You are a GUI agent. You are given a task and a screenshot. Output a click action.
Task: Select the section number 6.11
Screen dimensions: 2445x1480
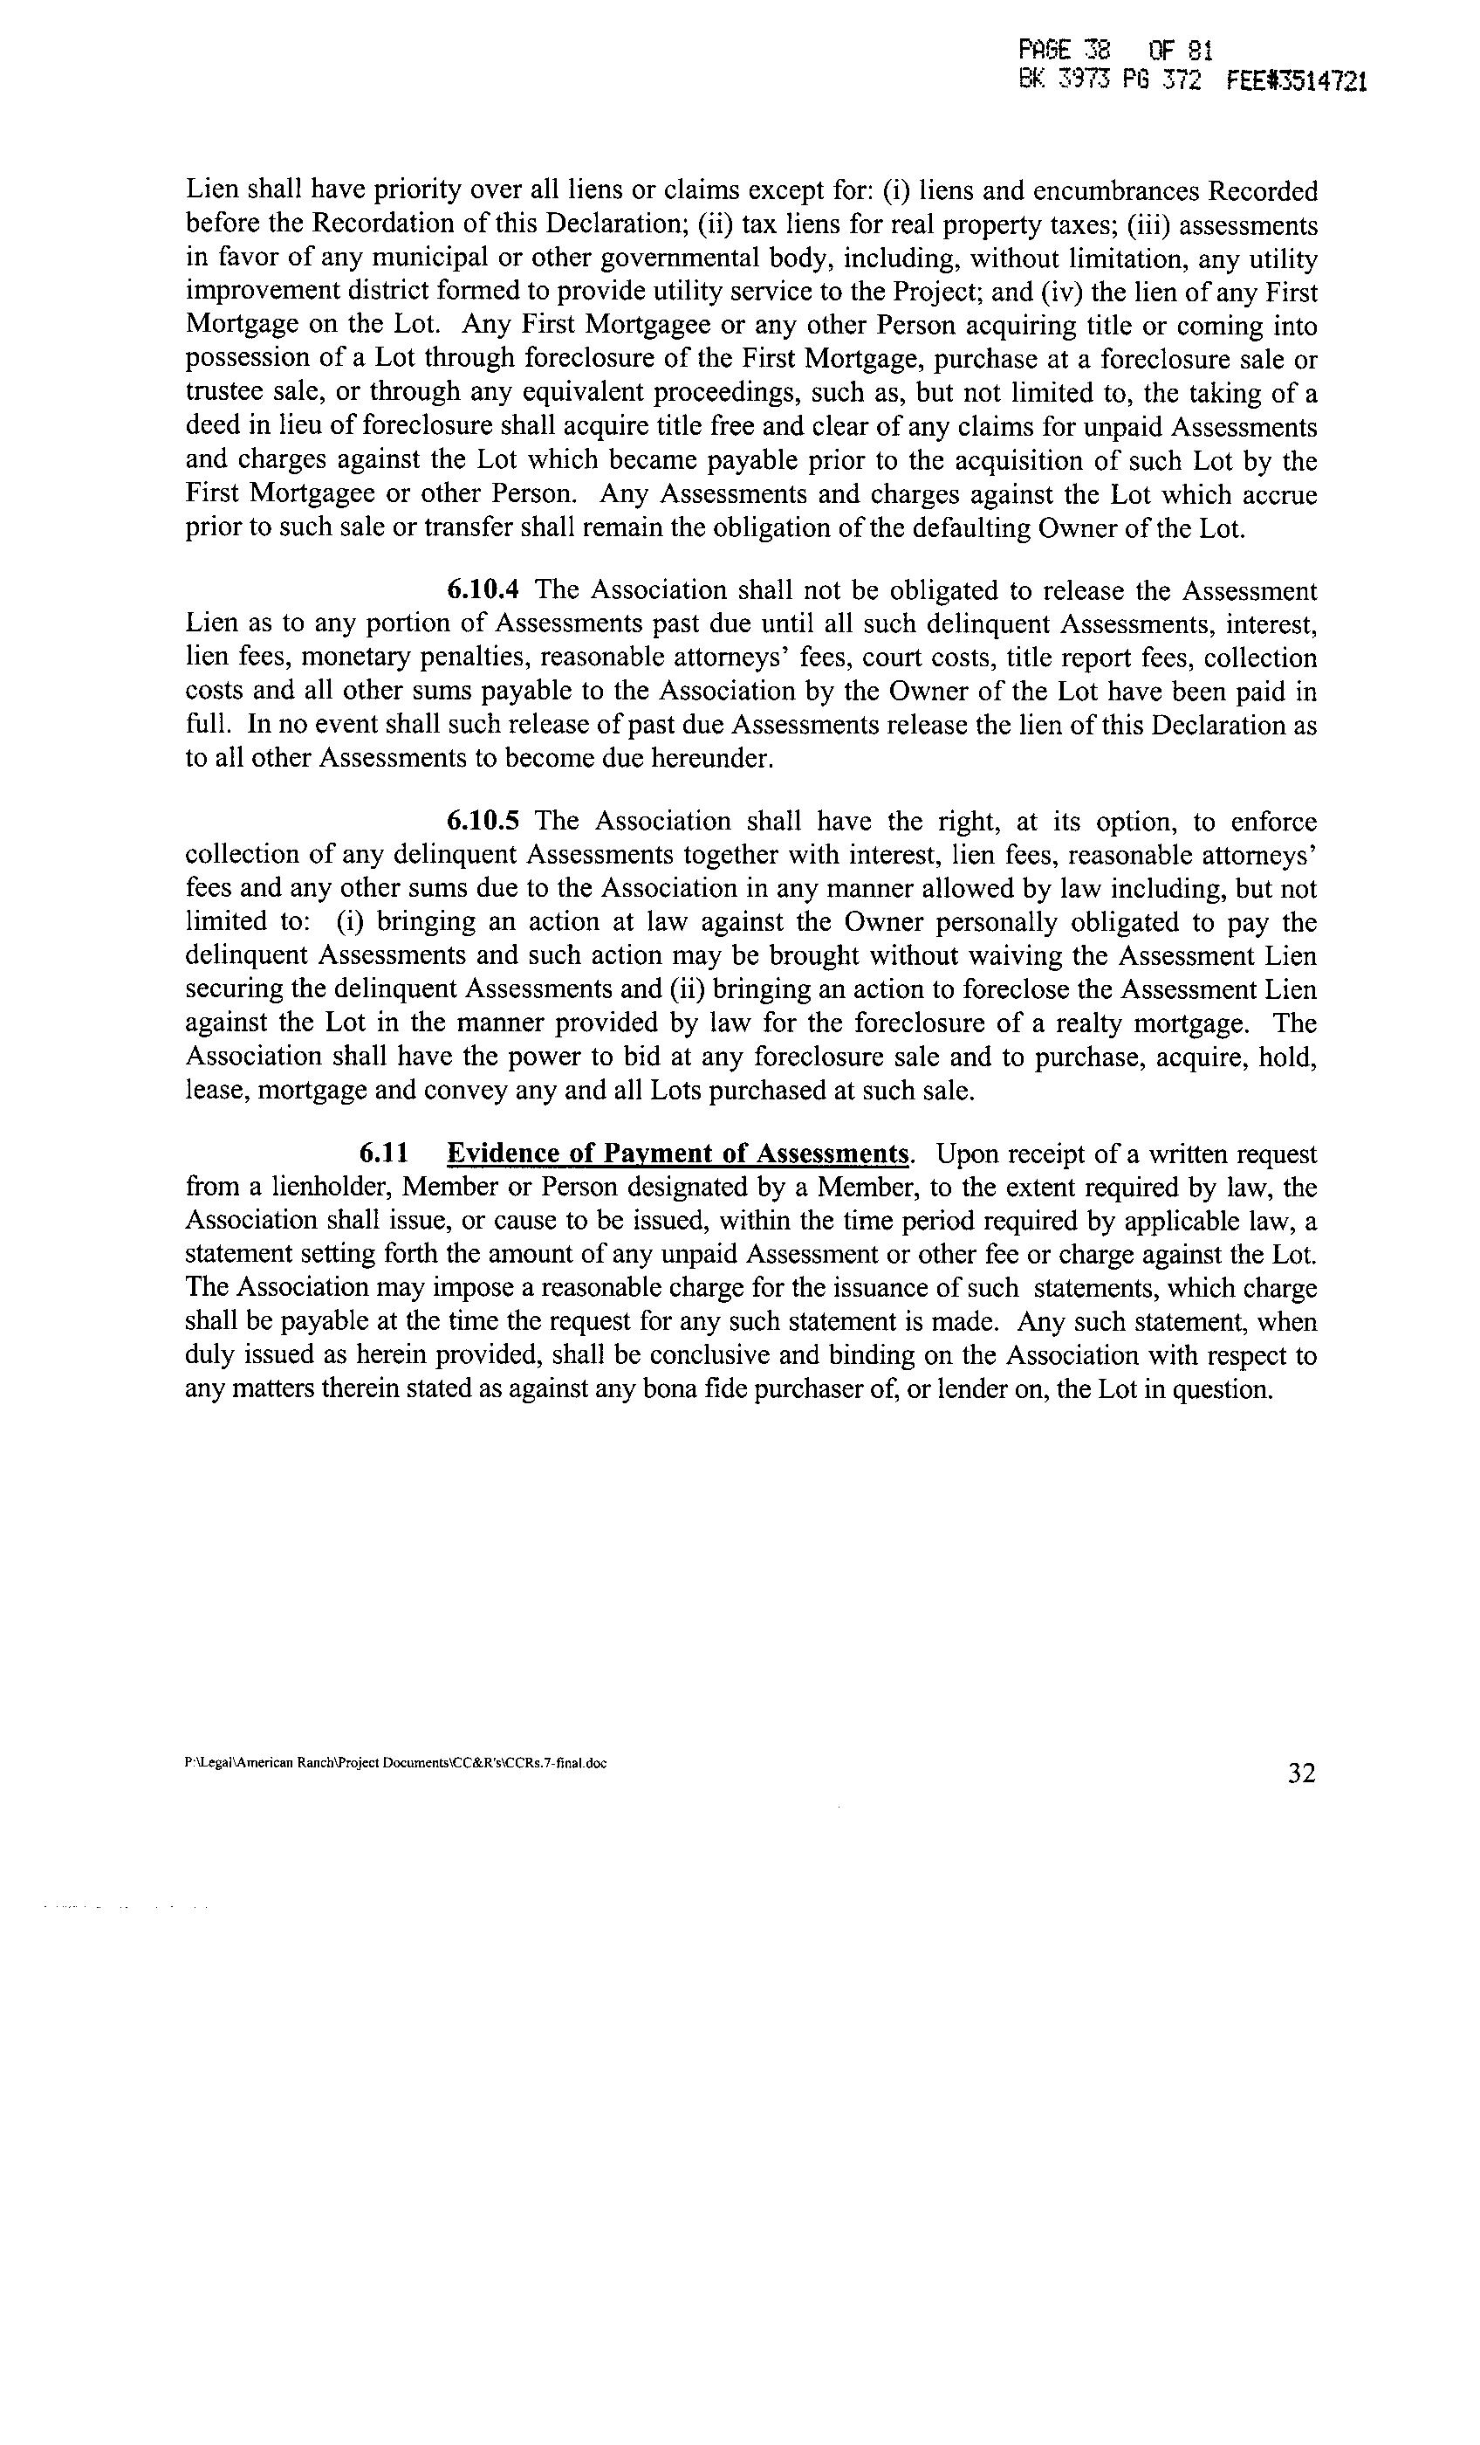[x=384, y=1154]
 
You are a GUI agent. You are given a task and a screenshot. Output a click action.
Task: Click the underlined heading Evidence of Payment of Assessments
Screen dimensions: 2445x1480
[x=677, y=1154]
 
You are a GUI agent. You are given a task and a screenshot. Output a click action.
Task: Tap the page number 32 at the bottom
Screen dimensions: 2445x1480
[x=1301, y=1773]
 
